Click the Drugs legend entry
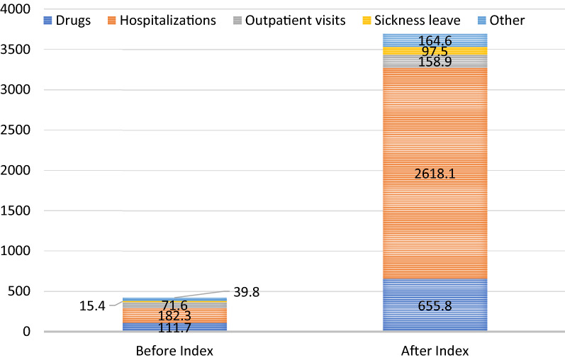coord(67,20)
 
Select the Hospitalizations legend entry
coord(162,20)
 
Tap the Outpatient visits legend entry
coord(289,20)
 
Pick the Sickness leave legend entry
coord(411,20)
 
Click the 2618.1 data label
coord(435,174)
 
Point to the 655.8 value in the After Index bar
coord(435,306)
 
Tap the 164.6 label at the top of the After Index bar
coord(435,40)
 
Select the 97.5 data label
coord(435,51)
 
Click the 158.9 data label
coord(435,62)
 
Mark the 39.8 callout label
coord(247,292)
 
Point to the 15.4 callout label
coord(92,306)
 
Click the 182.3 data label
coord(175,316)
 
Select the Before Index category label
coord(174,351)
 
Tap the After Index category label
coord(435,351)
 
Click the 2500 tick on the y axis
coord(16,130)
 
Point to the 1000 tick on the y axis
coord(16,251)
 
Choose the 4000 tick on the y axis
coord(16,9)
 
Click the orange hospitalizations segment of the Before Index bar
coord(175,315)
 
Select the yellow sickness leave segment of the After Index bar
coord(435,51)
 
